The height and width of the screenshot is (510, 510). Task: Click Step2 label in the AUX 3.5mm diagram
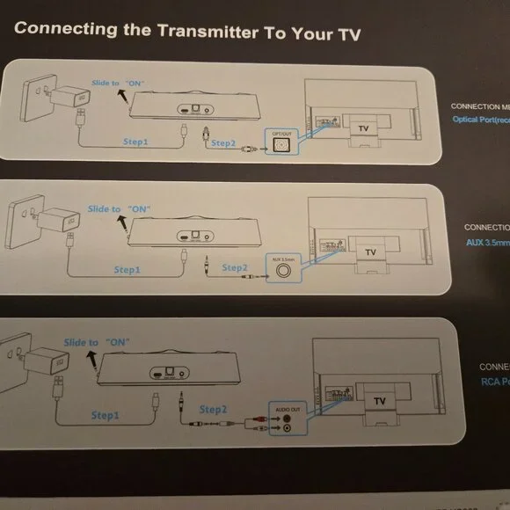coord(235,266)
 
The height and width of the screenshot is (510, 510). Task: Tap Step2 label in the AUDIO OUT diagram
coord(214,410)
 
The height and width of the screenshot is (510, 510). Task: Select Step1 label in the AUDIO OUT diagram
coord(111,413)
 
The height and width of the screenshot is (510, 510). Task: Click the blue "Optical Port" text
coord(479,119)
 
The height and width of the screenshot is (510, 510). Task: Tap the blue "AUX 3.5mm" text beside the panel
coord(487,248)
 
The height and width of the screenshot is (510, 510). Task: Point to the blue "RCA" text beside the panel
coord(492,382)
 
